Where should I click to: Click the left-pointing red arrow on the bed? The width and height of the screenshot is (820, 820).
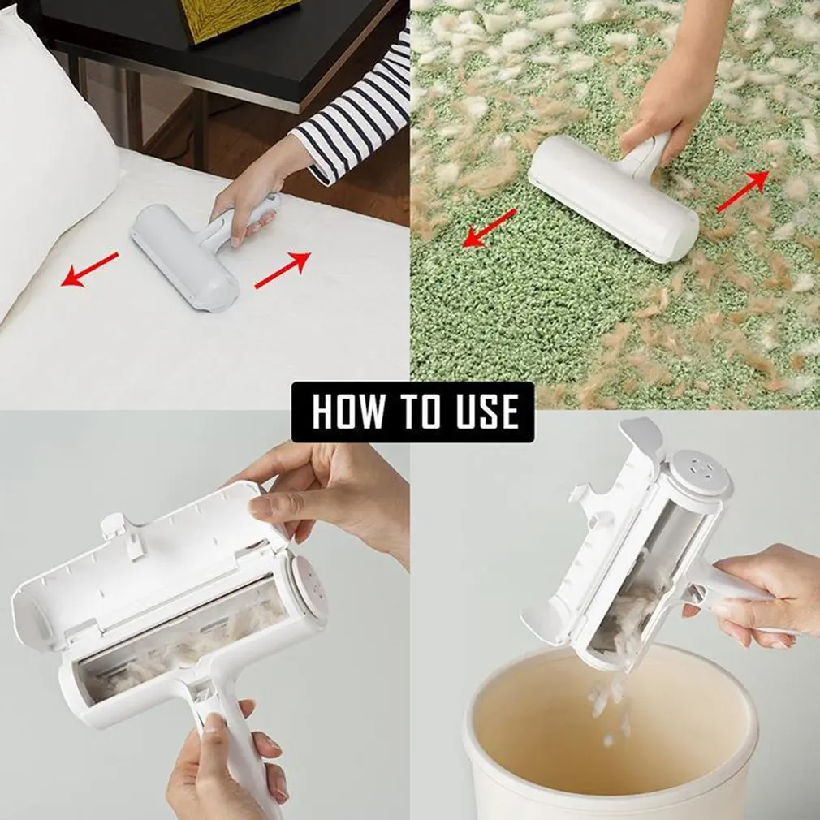[x=90, y=270]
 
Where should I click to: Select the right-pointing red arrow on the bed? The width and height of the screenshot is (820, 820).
[x=283, y=270]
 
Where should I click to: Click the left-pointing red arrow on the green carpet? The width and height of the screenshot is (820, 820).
[x=489, y=227]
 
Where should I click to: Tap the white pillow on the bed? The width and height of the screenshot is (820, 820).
[x=49, y=154]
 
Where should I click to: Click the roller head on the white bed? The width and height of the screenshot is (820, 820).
[x=184, y=257]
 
